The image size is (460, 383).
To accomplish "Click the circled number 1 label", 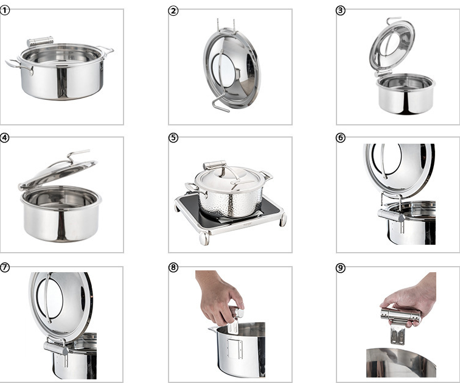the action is coord(5,10).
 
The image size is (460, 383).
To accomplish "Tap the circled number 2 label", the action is coord(173,11).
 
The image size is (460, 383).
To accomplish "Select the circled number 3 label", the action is coord(340,10).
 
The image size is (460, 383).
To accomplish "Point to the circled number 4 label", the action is coord(4,138).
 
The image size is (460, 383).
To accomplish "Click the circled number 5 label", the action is coord(173,138).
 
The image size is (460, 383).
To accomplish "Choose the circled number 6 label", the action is coord(340,138).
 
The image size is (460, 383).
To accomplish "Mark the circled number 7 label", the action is coord(5,267).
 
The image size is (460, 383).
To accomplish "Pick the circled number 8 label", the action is coord(173,267).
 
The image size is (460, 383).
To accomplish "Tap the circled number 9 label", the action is coord(340,268).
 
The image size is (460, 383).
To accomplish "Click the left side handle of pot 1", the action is coord(18,66).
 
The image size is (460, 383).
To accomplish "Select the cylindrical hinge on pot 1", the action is coord(40,41).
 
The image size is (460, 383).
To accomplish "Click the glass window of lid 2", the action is coord(226,71).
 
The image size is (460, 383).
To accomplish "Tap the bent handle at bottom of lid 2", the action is coord(220,105).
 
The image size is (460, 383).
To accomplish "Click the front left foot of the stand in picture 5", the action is coord(204,238).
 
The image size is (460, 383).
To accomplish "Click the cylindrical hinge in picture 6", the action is coord(391,216).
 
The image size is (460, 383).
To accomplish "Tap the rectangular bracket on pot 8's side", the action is coord(235,349).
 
